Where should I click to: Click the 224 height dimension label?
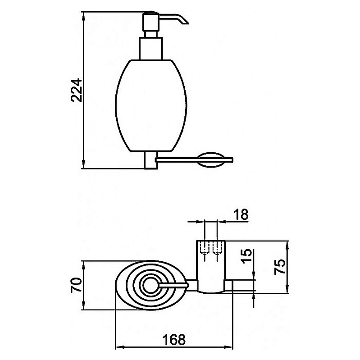(x=76, y=90)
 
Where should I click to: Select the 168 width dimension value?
(x=174, y=339)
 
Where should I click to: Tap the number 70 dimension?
(x=76, y=285)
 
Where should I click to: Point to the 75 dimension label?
(x=280, y=267)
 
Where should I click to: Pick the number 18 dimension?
(x=241, y=214)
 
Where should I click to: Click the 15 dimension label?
(x=246, y=256)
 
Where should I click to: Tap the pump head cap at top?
(x=150, y=21)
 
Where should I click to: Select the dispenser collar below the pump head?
(x=151, y=49)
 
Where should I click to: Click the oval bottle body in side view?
(x=151, y=106)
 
